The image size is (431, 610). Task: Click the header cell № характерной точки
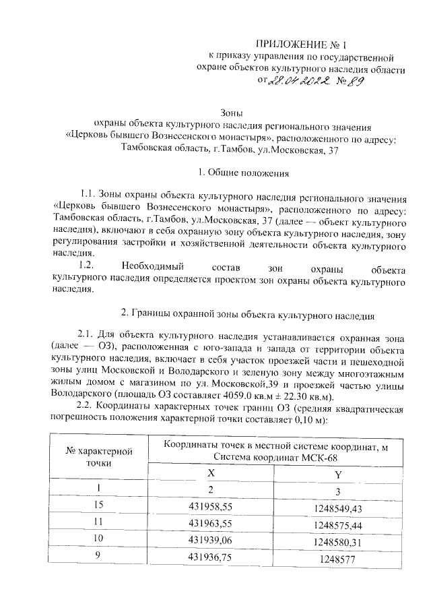(x=98, y=456)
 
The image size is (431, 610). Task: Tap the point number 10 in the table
(x=98, y=539)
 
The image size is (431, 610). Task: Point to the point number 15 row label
(x=98, y=506)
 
